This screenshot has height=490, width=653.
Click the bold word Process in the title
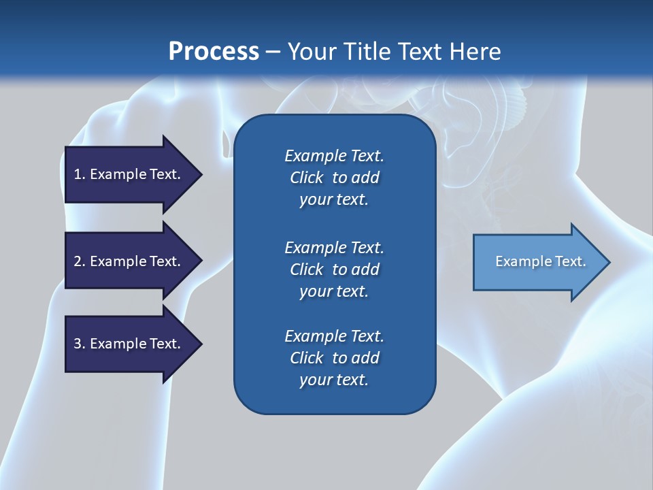(x=214, y=52)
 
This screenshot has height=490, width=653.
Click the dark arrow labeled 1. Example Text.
(x=133, y=175)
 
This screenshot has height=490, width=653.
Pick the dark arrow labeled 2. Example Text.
(x=133, y=261)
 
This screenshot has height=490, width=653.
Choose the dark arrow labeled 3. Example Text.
(x=133, y=344)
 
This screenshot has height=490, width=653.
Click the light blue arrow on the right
(x=541, y=262)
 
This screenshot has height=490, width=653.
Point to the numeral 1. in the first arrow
(x=80, y=174)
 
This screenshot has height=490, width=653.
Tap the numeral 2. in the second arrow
(x=80, y=261)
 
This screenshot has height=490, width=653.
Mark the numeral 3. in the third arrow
(x=80, y=344)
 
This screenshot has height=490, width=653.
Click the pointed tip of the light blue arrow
(x=610, y=262)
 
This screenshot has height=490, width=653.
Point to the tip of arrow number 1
(x=202, y=175)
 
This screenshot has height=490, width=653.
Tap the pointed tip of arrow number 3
(x=202, y=344)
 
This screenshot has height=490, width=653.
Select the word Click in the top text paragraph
(x=307, y=178)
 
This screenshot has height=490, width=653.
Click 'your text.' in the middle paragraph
(x=334, y=291)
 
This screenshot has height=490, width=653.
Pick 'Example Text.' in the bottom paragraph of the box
(x=334, y=336)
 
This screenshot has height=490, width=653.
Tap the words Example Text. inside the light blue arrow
(x=541, y=261)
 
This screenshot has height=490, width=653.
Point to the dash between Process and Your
(x=273, y=53)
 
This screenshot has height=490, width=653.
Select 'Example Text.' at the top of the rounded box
(x=334, y=155)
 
